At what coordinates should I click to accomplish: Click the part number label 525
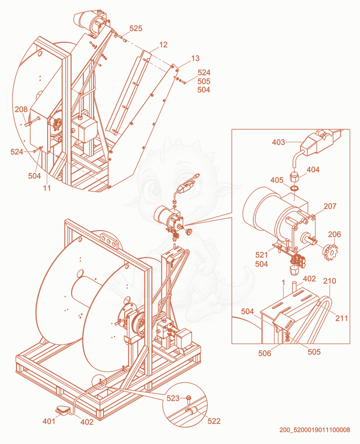pyautogui.click(x=136, y=28)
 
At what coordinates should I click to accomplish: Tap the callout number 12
pyautogui.click(x=163, y=45)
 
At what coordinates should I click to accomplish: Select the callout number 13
pyautogui.click(x=195, y=59)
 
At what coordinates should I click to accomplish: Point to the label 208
pyautogui.click(x=21, y=109)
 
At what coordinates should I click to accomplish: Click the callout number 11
pyautogui.click(x=47, y=188)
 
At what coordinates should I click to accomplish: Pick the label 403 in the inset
pyautogui.click(x=279, y=142)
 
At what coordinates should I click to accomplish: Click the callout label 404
pyautogui.click(x=313, y=170)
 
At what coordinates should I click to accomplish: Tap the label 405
pyautogui.click(x=277, y=180)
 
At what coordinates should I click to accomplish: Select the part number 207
pyautogui.click(x=330, y=206)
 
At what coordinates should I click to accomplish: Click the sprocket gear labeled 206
pyautogui.click(x=330, y=252)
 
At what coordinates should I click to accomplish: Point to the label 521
pyautogui.click(x=261, y=255)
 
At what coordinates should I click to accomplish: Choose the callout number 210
pyautogui.click(x=330, y=281)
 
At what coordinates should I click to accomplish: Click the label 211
pyautogui.click(x=342, y=318)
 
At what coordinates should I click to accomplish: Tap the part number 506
pyautogui.click(x=265, y=353)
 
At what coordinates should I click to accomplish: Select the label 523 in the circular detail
pyautogui.click(x=173, y=399)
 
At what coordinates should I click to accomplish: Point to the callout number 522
pyautogui.click(x=214, y=421)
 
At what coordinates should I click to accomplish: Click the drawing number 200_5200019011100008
pyautogui.click(x=315, y=430)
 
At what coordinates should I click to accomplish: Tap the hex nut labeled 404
pyautogui.click(x=295, y=178)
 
